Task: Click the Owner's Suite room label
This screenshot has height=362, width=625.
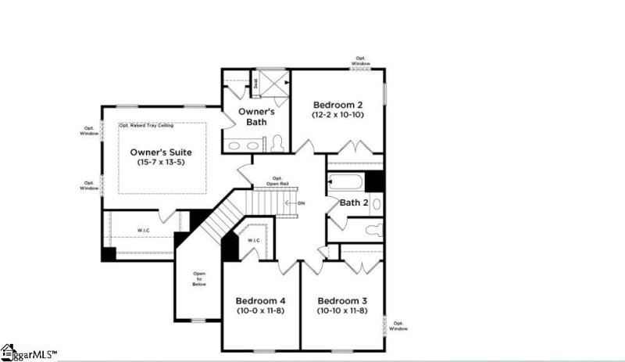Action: click(160, 151)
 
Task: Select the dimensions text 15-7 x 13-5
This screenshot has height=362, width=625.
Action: click(160, 162)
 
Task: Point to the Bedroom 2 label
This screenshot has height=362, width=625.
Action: click(340, 104)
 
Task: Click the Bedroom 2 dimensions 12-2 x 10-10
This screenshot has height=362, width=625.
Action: click(340, 115)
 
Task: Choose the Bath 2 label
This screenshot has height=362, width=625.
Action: click(354, 203)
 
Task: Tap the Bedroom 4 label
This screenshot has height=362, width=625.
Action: click(261, 301)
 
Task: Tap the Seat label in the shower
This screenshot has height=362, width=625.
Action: click(255, 81)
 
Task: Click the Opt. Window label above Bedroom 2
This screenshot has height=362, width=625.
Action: click(360, 60)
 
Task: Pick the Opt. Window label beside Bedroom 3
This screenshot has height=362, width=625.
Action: click(398, 324)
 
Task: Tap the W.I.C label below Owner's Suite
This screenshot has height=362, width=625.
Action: click(144, 230)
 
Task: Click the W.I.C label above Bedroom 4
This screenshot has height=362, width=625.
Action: click(253, 240)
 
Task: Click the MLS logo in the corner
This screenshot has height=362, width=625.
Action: click(29, 353)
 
